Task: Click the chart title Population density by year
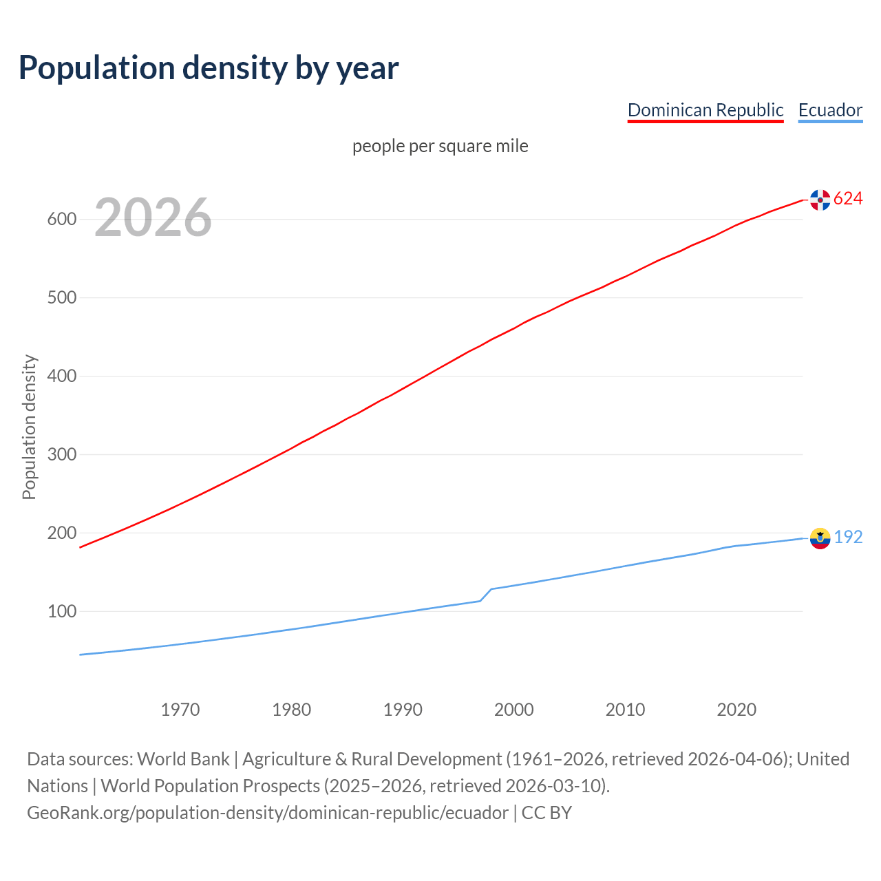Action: pos(209,67)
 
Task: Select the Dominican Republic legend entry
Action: pos(705,110)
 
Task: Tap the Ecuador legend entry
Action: pos(830,110)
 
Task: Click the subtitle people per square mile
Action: pos(440,146)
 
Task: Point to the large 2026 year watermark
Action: pos(153,217)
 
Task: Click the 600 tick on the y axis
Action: pos(61,220)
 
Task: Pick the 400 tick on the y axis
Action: pos(61,376)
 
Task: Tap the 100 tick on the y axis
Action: pos(61,611)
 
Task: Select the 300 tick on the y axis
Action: pos(61,455)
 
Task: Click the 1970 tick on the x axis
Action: pos(180,710)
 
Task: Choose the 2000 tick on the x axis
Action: pos(514,710)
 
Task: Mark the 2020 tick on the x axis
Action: pos(736,710)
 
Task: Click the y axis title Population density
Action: pos(29,427)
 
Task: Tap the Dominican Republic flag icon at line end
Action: pos(820,200)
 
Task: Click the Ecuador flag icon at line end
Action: pos(820,538)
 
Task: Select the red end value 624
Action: pos(848,199)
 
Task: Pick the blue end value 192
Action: pos(848,538)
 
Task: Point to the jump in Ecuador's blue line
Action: pos(486,595)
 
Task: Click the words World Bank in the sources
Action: pos(183,759)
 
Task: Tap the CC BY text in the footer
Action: pos(546,813)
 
